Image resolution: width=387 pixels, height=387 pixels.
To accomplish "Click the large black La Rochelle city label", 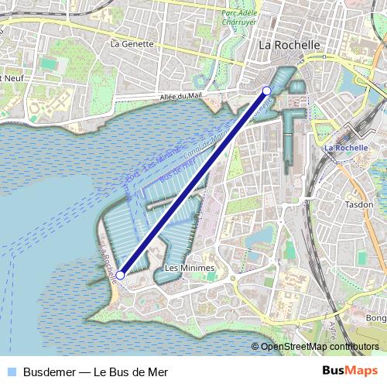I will pyautogui.click(x=289, y=46).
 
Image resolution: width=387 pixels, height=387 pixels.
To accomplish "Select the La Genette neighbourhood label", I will pyautogui.click(x=132, y=44).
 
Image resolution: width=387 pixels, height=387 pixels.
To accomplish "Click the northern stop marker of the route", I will pyautogui.click(x=268, y=90).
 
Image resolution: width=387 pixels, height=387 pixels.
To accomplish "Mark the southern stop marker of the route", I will pyautogui.click(x=120, y=275).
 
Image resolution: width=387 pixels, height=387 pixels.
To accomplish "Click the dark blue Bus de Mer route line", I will pyautogui.click(x=193, y=183).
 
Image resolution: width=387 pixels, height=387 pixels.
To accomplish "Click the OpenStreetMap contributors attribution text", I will pyautogui.click(x=320, y=346).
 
